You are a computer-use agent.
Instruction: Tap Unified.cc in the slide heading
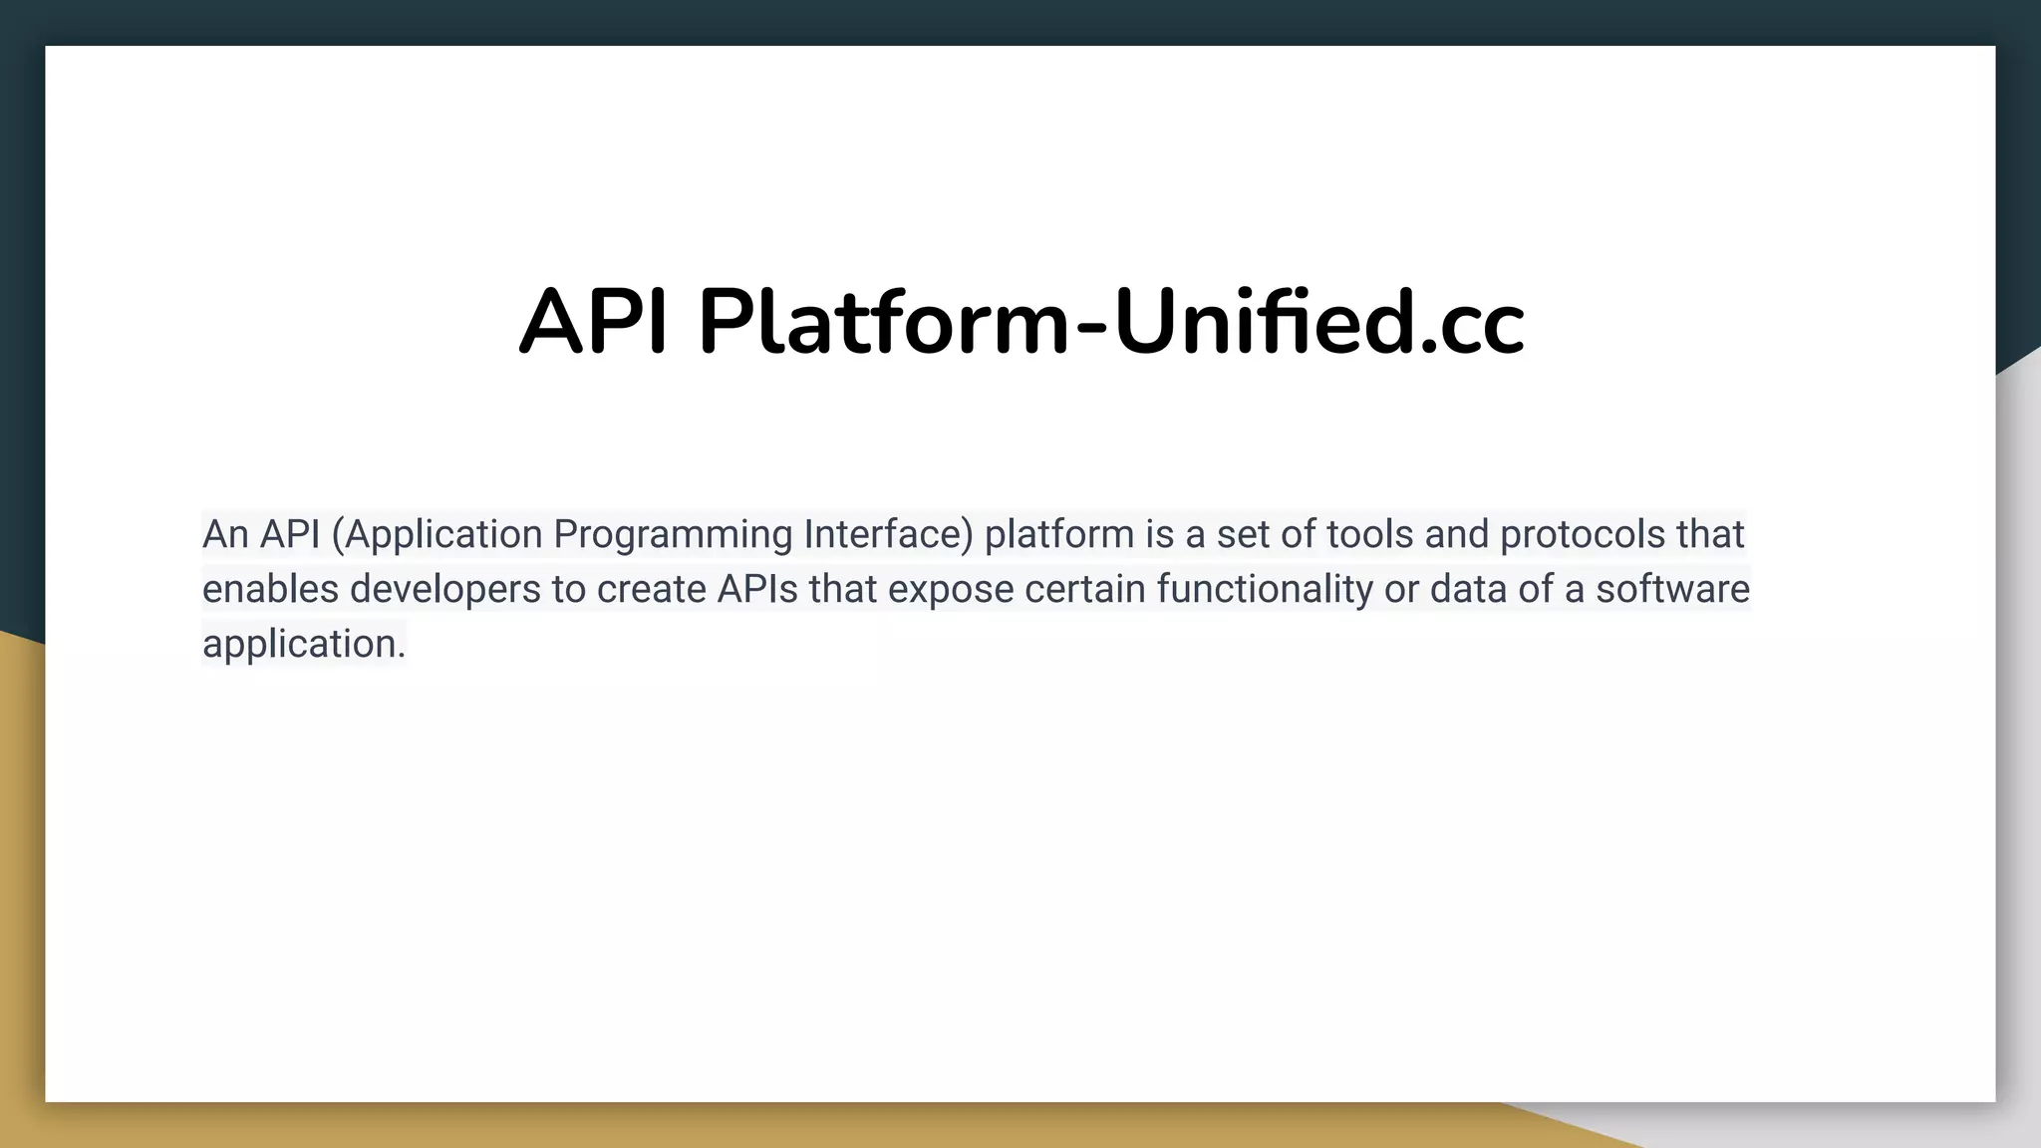(x=1317, y=323)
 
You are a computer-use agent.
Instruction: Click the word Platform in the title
(x=883, y=323)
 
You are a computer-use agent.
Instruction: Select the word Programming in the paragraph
(x=672, y=535)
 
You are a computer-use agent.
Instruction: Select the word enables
(x=269, y=589)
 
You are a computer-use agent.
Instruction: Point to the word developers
(x=444, y=590)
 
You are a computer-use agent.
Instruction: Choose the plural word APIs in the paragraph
(x=757, y=589)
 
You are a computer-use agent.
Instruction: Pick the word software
(x=1672, y=589)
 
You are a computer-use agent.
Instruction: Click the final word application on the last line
(x=300, y=644)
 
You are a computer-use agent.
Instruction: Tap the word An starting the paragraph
(x=225, y=535)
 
